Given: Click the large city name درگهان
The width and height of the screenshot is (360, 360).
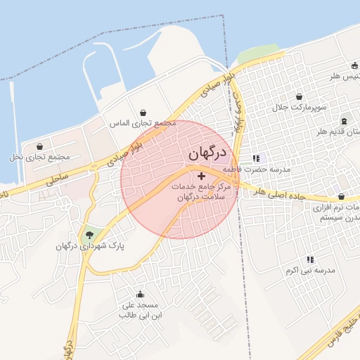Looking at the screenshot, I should (x=207, y=153).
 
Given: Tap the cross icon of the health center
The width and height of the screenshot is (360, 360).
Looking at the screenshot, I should (x=202, y=175).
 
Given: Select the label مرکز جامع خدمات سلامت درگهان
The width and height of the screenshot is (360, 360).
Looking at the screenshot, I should (x=200, y=192).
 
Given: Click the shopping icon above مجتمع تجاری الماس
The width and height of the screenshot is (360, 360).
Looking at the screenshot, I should (x=144, y=112).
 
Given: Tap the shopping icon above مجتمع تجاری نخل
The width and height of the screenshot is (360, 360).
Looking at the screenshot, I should (x=39, y=146).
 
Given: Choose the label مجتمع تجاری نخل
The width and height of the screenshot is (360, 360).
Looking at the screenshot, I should (x=39, y=156).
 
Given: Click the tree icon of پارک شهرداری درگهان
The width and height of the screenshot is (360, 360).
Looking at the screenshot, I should (x=89, y=235).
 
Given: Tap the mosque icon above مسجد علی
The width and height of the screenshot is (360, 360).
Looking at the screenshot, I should (x=140, y=294).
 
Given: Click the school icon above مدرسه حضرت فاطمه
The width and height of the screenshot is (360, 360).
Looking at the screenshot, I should (x=256, y=158).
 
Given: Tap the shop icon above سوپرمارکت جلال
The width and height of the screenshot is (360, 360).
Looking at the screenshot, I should (x=300, y=97).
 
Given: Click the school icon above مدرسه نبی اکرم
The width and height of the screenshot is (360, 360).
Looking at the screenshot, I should (x=310, y=259).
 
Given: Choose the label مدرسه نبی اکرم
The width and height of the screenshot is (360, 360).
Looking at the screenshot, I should (x=310, y=271).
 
